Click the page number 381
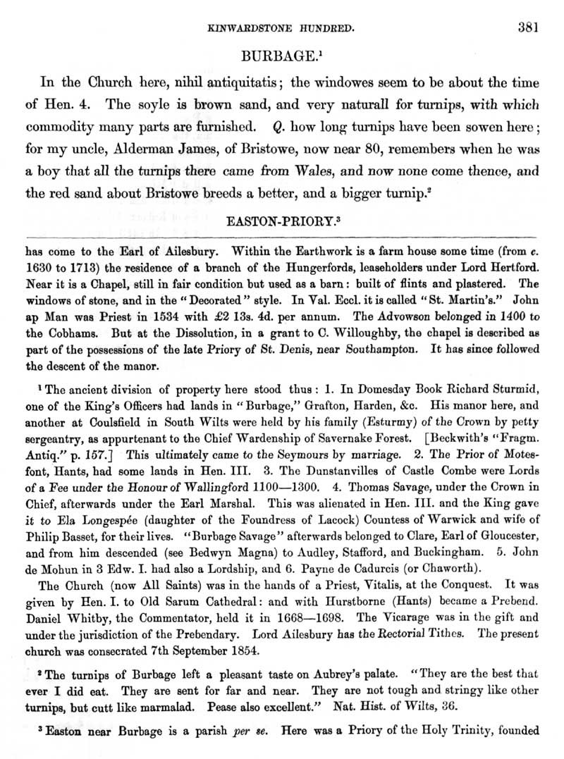[527, 27]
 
